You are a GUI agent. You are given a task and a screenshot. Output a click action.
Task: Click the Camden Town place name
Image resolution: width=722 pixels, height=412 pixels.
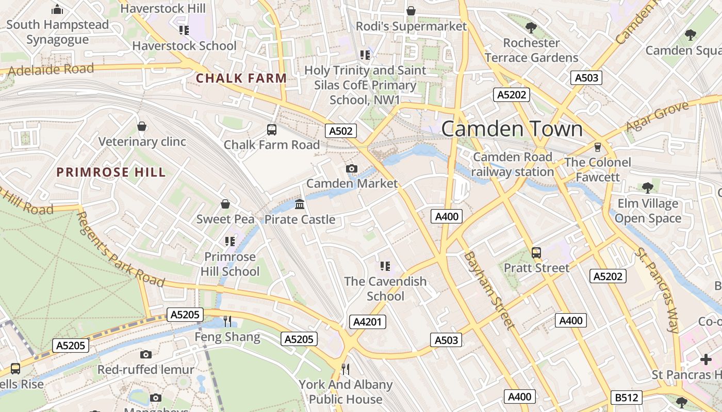click(512, 129)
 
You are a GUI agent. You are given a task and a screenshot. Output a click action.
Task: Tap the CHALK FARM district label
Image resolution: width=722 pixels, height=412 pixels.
click(241, 78)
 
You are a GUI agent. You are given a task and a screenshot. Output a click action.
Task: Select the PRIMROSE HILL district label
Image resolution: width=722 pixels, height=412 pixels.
click(111, 172)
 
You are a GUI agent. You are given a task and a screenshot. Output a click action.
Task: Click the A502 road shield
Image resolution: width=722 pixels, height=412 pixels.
click(341, 131)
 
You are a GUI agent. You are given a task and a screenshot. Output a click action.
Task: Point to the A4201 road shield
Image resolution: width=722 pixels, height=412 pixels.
click(368, 322)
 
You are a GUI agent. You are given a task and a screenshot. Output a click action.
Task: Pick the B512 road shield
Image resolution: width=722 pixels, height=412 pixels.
click(627, 398)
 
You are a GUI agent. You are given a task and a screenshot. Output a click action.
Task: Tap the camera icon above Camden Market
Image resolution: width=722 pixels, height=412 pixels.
click(352, 168)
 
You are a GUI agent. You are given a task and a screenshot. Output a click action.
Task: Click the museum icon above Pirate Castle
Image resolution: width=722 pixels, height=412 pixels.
click(300, 204)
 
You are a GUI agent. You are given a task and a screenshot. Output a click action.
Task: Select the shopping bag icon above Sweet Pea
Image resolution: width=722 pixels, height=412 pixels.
click(225, 204)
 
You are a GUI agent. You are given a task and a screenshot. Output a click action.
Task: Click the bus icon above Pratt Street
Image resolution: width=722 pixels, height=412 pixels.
click(536, 253)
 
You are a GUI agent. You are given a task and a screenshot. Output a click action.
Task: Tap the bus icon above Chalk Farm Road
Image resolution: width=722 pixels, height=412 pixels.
click(272, 130)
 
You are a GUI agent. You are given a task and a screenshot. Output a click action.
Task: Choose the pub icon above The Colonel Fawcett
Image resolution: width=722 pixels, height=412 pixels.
click(598, 147)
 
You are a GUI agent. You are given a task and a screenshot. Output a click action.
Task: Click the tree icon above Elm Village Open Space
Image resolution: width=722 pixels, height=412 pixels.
click(648, 188)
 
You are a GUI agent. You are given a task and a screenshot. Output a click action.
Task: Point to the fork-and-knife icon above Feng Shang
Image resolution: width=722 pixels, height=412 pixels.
click(227, 321)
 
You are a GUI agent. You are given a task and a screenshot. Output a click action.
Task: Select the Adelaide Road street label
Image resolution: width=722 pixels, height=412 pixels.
click(51, 70)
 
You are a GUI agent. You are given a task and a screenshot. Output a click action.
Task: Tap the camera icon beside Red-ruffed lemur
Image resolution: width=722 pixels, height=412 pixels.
click(146, 354)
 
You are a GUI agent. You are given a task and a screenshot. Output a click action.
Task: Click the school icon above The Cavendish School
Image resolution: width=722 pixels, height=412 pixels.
click(385, 266)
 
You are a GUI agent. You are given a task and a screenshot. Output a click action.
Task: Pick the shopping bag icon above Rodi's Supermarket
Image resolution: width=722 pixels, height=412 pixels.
click(411, 11)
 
